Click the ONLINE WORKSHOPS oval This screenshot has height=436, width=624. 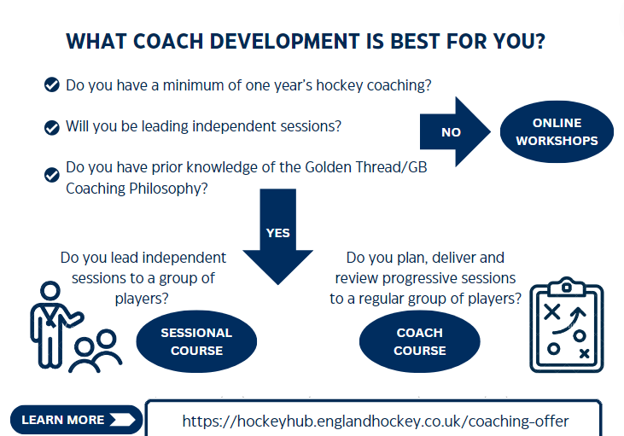click(x=557, y=131)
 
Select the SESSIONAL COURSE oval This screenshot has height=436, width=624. click(x=196, y=341)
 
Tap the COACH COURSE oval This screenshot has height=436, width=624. click(x=419, y=341)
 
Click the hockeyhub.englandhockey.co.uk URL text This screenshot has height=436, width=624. click(x=375, y=421)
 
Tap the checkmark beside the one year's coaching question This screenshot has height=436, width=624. click(x=51, y=84)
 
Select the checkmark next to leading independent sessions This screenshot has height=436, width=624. click(x=51, y=127)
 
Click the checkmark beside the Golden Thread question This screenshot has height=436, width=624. click(x=51, y=175)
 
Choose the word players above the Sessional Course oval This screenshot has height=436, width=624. click(x=143, y=299)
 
